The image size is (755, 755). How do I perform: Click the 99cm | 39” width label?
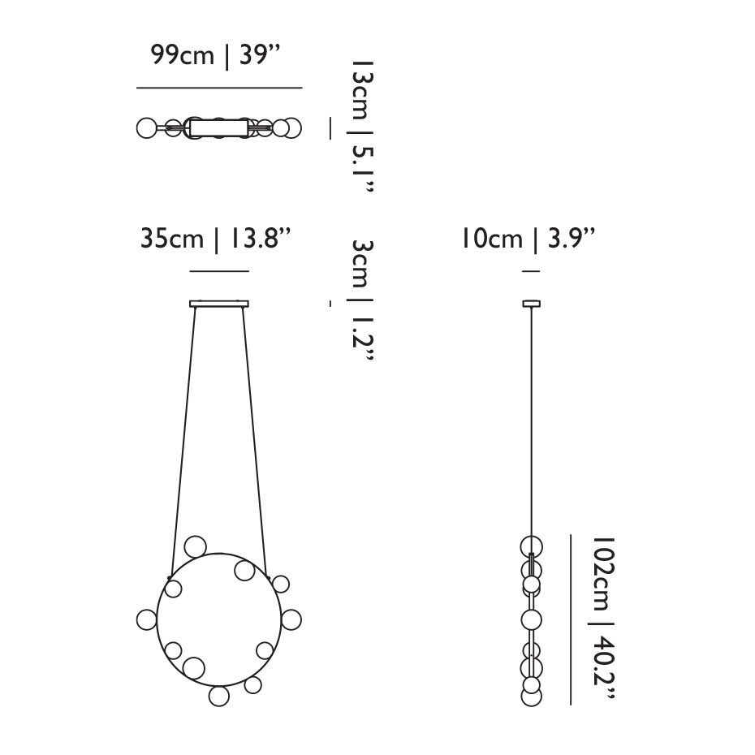pos(215,55)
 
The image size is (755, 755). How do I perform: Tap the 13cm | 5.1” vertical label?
pos(362,126)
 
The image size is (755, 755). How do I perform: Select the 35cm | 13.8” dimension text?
pos(216,239)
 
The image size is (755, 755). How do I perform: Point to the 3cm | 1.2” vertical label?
pos(362,300)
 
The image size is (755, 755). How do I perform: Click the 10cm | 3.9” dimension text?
pos(528,239)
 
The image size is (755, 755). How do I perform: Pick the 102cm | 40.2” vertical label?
pos(603,618)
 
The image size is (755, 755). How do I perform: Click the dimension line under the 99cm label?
pos(219,88)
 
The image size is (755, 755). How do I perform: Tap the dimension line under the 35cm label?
pos(219,272)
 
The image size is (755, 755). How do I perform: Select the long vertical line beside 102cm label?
pos(571,619)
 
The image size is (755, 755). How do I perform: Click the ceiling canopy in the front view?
pos(219,304)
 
